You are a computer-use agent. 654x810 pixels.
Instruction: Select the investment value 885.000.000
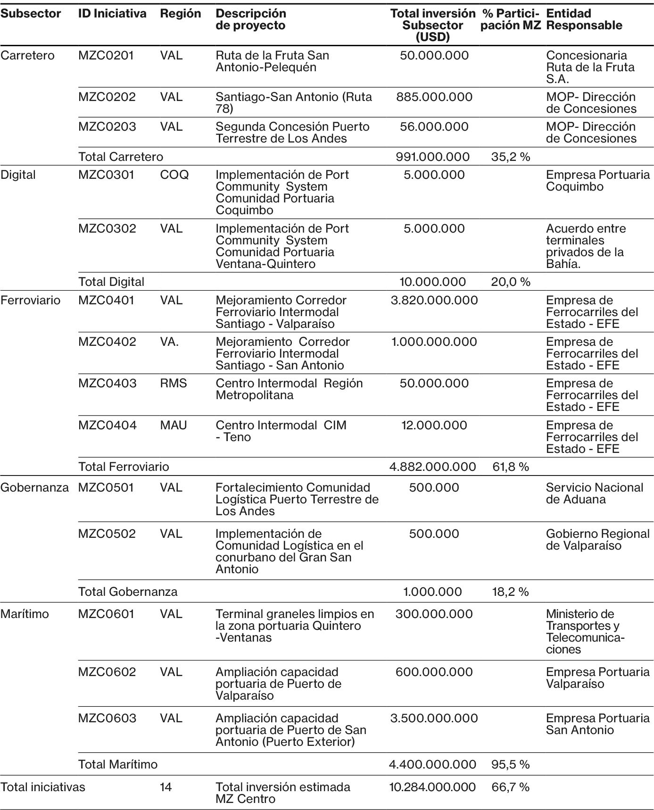[434, 97]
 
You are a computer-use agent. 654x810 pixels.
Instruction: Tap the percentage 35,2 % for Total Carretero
[511, 157]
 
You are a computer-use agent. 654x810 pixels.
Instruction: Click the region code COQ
[174, 175]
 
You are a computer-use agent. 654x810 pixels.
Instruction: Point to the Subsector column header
[31, 14]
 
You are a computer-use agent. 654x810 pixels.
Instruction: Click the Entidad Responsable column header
[584, 19]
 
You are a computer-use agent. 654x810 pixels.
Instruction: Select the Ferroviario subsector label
[31, 301]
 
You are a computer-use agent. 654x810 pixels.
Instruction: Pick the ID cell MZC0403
[107, 384]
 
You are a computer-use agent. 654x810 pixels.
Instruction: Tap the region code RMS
[173, 384]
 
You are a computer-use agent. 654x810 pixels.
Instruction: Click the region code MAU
[173, 426]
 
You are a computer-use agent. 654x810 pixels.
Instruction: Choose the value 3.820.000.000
[434, 301]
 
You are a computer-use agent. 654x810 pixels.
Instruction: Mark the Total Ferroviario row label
[124, 467]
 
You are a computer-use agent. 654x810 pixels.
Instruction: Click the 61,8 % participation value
[511, 467]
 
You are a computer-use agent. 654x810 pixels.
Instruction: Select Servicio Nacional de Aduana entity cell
[594, 493]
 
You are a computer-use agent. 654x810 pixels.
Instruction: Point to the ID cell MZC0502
[107, 534]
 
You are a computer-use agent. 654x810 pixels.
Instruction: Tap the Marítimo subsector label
[25, 614]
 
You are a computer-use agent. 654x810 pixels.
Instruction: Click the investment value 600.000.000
[434, 672]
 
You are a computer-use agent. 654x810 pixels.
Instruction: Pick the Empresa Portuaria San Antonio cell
[597, 724]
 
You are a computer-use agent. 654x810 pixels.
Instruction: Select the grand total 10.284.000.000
[432, 787]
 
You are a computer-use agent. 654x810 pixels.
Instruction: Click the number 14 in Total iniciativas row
[166, 787]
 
